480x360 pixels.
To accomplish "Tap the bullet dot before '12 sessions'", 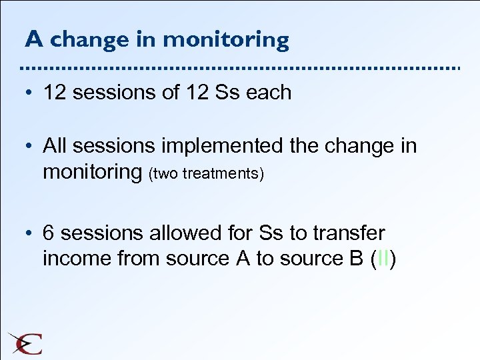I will tap(31, 92).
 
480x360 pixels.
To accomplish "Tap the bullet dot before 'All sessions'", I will tap(31, 145).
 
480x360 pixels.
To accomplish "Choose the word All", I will tap(55, 145).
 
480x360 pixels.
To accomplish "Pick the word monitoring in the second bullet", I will tap(93, 172).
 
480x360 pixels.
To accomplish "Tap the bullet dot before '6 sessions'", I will tap(31, 233).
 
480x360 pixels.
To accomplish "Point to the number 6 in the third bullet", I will tap(49, 233).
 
